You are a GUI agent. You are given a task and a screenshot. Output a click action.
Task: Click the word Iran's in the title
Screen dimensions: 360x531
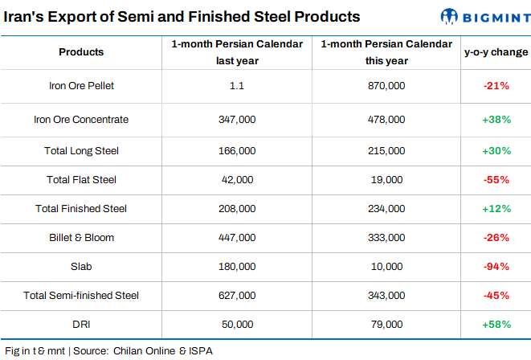tap(26, 16)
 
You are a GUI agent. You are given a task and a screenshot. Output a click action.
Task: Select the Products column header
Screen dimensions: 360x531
tap(81, 52)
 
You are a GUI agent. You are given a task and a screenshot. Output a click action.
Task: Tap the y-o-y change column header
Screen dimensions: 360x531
tap(496, 52)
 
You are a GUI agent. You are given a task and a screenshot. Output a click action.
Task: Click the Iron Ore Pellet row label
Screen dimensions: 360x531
tap(81, 85)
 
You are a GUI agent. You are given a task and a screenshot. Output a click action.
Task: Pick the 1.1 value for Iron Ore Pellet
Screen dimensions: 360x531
tap(237, 85)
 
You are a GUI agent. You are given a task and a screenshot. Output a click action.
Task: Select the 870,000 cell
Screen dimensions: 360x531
tap(385, 85)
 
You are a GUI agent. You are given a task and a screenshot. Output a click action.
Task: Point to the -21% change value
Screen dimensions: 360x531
tap(496, 85)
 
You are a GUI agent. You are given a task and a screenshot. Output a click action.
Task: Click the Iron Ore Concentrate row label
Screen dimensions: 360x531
tap(81, 120)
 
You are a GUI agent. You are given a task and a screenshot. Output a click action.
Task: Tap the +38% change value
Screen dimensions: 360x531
tap(496, 120)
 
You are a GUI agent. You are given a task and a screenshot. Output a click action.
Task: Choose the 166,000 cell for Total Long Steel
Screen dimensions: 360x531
tap(237, 150)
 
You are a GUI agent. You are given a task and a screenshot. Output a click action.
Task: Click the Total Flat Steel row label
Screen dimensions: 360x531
tap(81, 179)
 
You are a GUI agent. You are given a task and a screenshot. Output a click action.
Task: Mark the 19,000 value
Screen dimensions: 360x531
tap(385, 179)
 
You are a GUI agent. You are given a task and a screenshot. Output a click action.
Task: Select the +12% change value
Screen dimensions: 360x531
tap(496, 209)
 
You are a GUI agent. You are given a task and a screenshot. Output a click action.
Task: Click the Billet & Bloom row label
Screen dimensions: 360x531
tap(81, 238)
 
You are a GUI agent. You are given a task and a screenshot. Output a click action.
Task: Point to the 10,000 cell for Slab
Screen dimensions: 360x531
tap(385, 266)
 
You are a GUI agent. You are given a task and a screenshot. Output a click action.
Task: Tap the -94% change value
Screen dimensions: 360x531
tap(496, 266)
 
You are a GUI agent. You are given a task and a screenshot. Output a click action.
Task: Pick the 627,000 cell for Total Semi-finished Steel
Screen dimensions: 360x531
tap(237, 296)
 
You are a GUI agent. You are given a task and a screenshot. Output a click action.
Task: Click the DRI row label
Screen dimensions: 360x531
tap(81, 324)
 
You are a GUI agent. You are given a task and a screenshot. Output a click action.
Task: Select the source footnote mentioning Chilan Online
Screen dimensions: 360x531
tap(108, 351)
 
